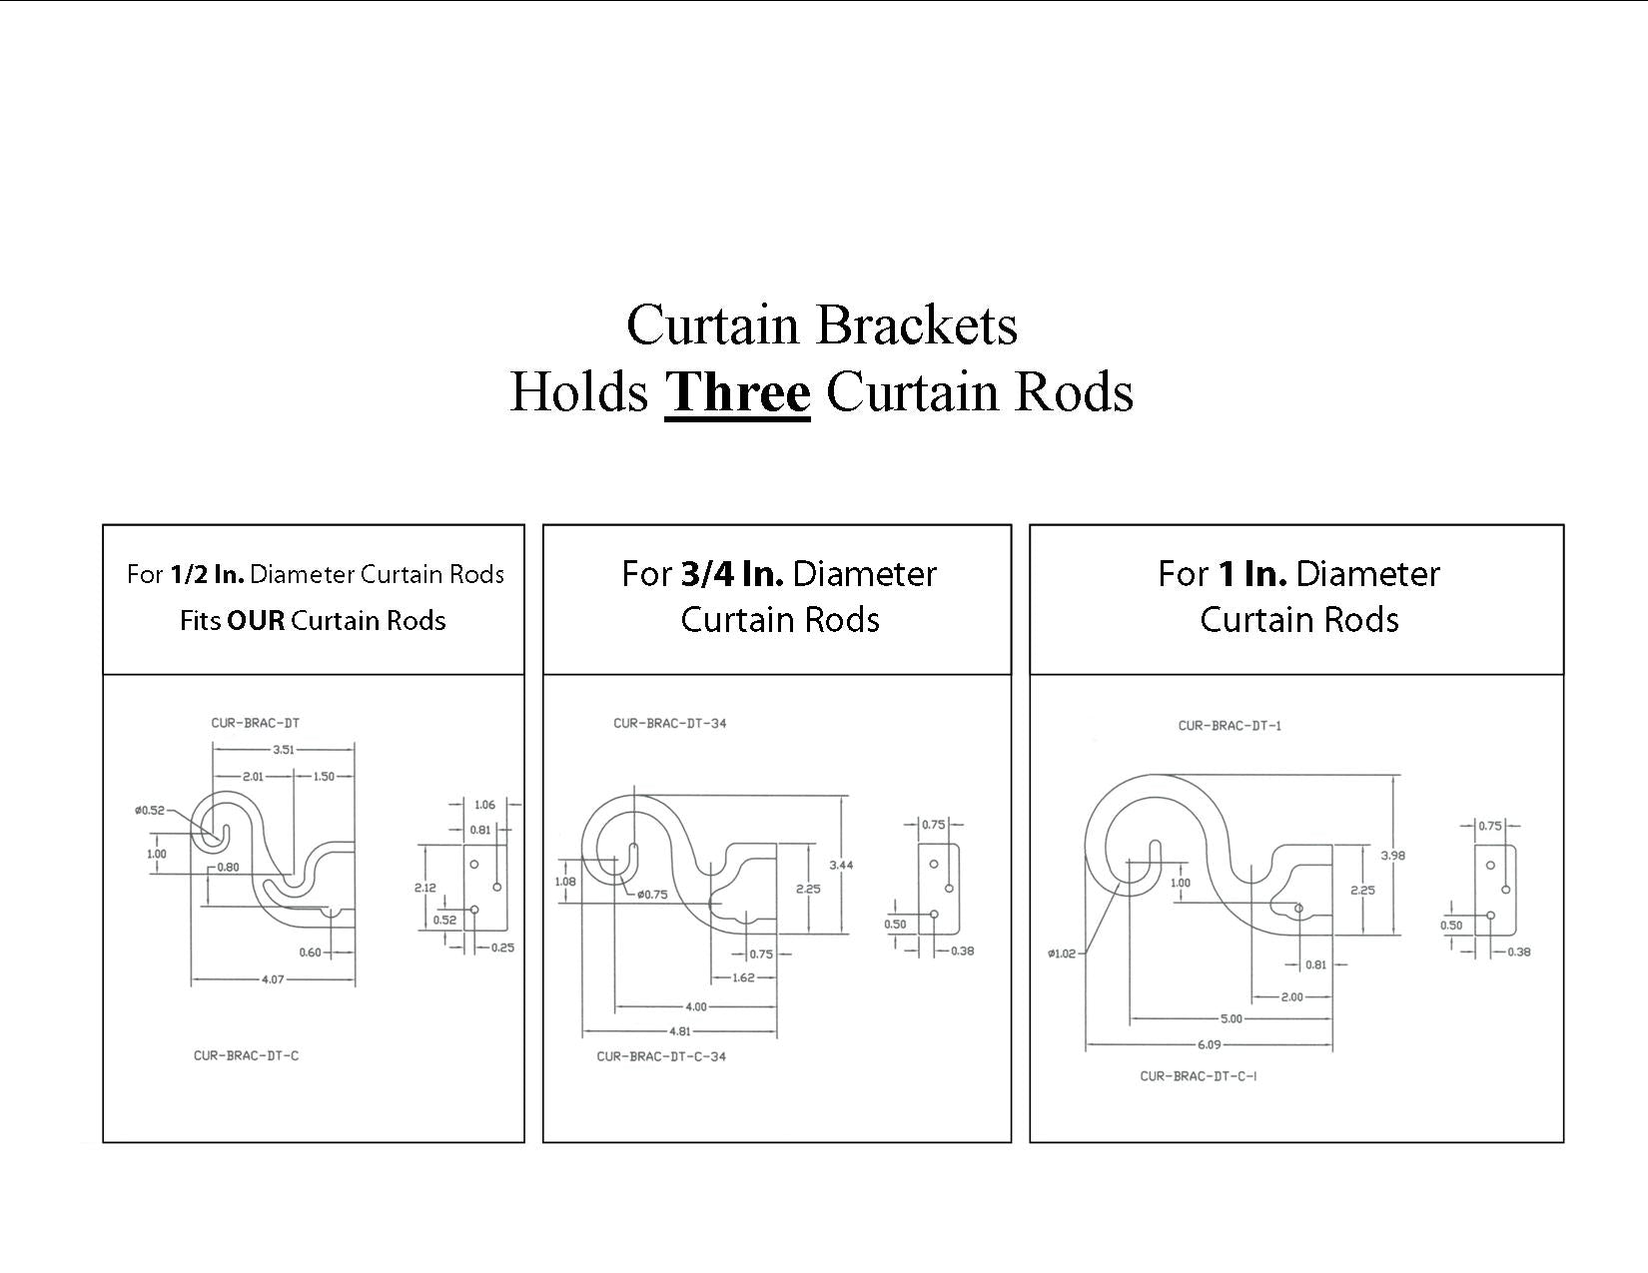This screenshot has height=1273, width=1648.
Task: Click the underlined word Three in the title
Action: [x=737, y=391]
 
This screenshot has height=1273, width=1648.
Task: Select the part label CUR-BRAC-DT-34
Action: [x=669, y=723]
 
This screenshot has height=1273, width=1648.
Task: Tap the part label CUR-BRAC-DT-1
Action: [x=1229, y=726]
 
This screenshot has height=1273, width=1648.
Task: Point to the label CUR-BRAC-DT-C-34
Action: [x=661, y=1056]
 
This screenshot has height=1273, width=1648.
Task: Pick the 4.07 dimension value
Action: [x=272, y=979]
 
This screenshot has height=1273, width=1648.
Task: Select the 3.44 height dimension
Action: [x=841, y=865]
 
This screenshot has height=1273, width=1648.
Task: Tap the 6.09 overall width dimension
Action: [x=1208, y=1044]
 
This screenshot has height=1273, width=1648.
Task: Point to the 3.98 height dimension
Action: [x=1391, y=855]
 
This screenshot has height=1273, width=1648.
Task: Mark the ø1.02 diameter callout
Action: [x=1062, y=954]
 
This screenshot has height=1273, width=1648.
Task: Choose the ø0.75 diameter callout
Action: [x=651, y=895]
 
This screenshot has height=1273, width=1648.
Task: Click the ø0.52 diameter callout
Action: [x=150, y=810]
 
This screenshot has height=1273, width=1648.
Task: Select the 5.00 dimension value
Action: [x=1231, y=1018]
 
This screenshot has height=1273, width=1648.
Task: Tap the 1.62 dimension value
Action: [x=743, y=977]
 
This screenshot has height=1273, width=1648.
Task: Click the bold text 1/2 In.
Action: [x=207, y=575]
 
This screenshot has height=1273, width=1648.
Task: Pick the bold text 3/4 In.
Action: [x=731, y=574]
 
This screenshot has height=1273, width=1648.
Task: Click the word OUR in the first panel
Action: [x=256, y=621]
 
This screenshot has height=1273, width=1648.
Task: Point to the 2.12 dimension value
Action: [x=424, y=887]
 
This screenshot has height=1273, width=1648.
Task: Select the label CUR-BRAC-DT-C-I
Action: [x=1198, y=1076]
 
